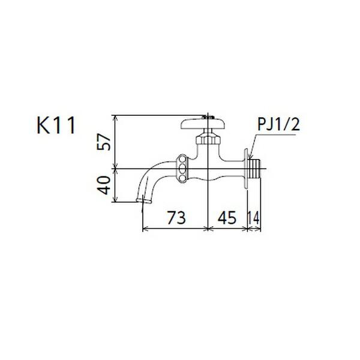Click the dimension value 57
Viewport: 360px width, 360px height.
[105, 142]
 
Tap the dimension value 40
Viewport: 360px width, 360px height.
[105, 185]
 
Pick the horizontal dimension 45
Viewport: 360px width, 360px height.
[227, 217]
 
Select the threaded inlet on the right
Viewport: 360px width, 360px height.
[257, 169]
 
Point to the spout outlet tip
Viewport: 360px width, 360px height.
[142, 199]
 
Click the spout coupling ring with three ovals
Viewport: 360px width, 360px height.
[182, 169]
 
